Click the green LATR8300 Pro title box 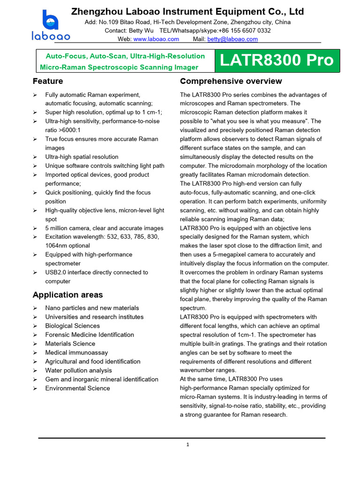tap(277, 60)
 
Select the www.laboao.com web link tap(156, 39)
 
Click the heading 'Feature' tap(48, 81)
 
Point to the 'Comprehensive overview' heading tap(231, 81)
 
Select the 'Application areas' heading tap(67, 295)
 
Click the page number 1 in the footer tap(187, 445)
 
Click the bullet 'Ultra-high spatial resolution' tap(82, 157)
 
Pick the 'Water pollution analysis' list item tap(78, 370)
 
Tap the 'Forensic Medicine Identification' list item tap(90, 335)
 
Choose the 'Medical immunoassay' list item tap(76, 352)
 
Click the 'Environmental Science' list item tap(77, 388)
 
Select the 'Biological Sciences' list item tap(72, 326)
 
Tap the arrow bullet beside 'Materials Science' tap(35, 344)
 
